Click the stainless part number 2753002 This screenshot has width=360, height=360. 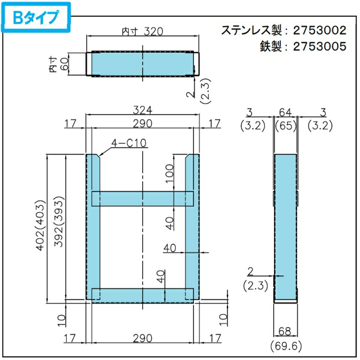(319, 30)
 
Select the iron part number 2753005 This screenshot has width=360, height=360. (319, 46)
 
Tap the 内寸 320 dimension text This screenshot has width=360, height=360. (142, 31)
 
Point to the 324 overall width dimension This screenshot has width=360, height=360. (143, 110)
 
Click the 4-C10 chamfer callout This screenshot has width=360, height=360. (129, 144)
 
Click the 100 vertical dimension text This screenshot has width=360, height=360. (170, 174)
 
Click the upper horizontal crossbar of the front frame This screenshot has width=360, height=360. (142, 198)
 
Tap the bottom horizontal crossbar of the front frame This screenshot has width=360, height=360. (142, 293)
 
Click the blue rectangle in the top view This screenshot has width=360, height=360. (142, 63)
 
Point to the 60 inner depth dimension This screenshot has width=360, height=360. (64, 64)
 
